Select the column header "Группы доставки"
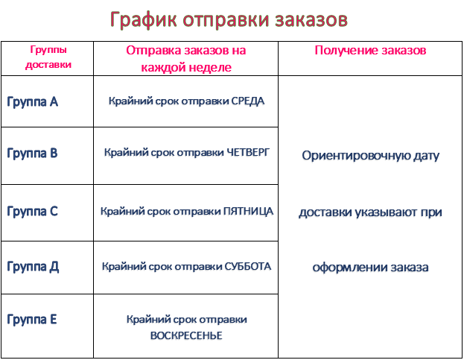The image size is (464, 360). coord(48,57)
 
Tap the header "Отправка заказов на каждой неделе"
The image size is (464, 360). coord(185,58)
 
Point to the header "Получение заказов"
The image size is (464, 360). coord(370,51)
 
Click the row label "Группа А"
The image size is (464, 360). coord(32,101)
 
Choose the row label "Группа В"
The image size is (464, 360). coord(32,153)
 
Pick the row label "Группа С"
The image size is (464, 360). coord(32,211)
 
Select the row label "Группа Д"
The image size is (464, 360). coord(33,265)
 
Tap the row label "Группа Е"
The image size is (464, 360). coord(32,319)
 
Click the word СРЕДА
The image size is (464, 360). coord(247,101)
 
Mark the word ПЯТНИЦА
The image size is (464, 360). coord(249,211)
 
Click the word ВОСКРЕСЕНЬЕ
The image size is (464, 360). coord(186,335)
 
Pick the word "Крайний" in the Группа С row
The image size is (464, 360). coord(118,211)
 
